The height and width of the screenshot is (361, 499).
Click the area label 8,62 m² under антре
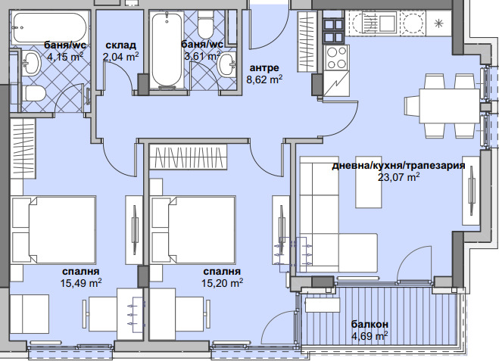pyautogui.click(x=264, y=79)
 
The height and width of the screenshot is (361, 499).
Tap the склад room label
pyautogui.click(x=120, y=45)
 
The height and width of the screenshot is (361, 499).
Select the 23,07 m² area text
pyautogui.click(x=398, y=177)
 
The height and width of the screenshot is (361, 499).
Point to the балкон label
pyautogui.click(x=370, y=325)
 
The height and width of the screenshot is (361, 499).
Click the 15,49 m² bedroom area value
pyautogui.click(x=81, y=283)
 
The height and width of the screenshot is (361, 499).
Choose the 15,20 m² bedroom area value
pyautogui.click(x=222, y=283)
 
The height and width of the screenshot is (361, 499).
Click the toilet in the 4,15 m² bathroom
pyautogui.click(x=33, y=94)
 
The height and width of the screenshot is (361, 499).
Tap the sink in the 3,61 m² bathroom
pyautogui.click(x=226, y=64)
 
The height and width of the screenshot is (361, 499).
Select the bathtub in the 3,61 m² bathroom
pyautogui.click(x=167, y=50)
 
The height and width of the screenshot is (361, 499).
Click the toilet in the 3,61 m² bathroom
pyautogui.click(x=205, y=25)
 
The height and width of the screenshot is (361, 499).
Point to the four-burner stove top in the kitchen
pyautogui.click(x=337, y=58)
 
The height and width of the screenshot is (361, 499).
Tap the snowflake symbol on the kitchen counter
pyautogui.click(x=439, y=23)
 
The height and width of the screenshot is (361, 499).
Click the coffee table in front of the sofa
pyautogui.click(x=369, y=182)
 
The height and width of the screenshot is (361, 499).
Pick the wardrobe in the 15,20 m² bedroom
pyautogui.click(x=188, y=157)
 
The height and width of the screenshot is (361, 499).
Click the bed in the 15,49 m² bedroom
pyautogui.click(x=53, y=229)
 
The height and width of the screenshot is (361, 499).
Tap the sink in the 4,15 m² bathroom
pyautogui.click(x=31, y=63)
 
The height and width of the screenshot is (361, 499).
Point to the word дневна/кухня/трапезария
pyautogui.click(x=398, y=166)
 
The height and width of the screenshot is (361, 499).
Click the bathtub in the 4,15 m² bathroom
pyautogui.click(x=49, y=28)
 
